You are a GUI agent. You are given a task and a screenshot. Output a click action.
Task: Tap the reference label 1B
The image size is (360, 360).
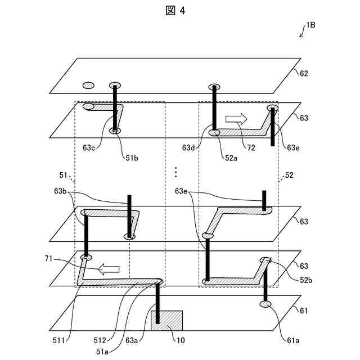[310, 25]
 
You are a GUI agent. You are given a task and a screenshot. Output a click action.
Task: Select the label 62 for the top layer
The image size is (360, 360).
[304, 73]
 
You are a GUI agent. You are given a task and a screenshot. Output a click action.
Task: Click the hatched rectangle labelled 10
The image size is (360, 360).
[166, 321]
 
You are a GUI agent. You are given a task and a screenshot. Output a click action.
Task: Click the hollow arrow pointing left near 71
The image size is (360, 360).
[109, 269]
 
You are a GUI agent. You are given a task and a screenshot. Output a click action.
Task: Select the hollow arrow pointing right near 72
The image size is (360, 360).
[236, 118]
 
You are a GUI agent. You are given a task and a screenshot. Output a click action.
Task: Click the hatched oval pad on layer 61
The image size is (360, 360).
[265, 304]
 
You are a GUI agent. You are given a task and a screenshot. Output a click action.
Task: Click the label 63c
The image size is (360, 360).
[89, 148]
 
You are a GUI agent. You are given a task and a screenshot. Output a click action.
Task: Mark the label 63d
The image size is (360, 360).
[189, 148]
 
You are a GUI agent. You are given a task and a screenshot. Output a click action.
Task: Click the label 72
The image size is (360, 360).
[251, 148]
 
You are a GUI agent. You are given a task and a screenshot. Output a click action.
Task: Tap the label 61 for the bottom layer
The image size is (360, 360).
[304, 310]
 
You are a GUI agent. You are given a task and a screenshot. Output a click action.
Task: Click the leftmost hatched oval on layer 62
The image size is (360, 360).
[88, 85]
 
